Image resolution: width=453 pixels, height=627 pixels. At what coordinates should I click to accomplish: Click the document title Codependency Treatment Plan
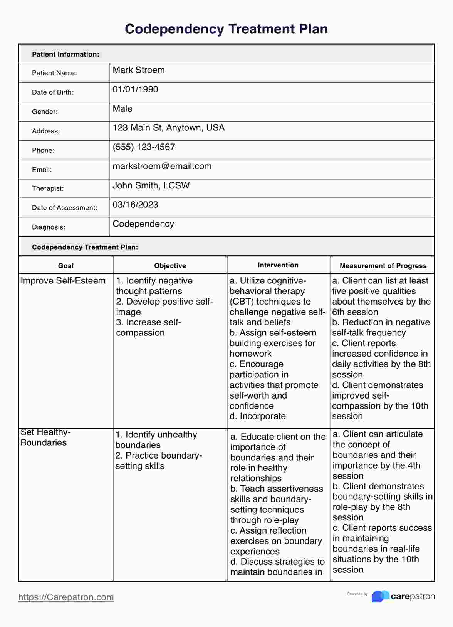(226, 29)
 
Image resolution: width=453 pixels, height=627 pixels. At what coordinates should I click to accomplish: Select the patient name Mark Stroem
(138, 70)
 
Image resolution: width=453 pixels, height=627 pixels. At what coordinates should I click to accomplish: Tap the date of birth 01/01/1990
(135, 89)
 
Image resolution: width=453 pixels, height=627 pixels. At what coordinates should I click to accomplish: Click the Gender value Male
(122, 108)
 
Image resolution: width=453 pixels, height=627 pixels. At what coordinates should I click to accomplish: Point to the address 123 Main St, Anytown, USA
(168, 128)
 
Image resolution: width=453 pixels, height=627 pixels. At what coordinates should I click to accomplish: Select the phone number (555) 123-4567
(144, 147)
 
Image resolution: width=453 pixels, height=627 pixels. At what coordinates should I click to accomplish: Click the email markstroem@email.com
(162, 166)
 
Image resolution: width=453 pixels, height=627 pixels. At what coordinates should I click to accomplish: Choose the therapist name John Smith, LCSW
(151, 185)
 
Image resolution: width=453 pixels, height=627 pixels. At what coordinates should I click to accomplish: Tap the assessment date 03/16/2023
(135, 205)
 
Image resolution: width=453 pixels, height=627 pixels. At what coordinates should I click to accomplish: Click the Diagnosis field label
(49, 227)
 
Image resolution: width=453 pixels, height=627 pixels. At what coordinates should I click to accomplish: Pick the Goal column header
(66, 266)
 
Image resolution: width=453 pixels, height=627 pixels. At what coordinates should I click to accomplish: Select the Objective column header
(170, 266)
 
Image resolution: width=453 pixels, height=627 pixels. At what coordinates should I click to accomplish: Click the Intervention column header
(278, 265)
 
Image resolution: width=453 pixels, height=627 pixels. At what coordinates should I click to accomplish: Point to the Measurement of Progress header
(383, 266)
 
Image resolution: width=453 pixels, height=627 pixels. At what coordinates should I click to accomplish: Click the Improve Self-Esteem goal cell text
(63, 281)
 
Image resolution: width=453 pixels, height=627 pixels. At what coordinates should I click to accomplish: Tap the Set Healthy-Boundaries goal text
(45, 437)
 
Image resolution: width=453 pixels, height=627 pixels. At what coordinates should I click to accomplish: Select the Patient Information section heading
(65, 54)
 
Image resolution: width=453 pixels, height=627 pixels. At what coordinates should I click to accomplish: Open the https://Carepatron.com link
(66, 597)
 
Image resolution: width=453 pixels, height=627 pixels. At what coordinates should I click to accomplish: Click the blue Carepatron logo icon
(380, 596)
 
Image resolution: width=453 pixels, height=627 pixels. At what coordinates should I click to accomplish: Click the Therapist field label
(48, 188)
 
